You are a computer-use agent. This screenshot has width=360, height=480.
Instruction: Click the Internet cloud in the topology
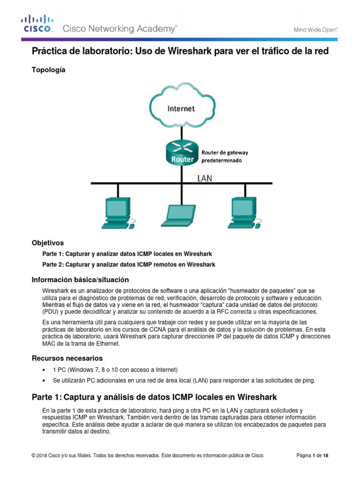pyautogui.click(x=181, y=108)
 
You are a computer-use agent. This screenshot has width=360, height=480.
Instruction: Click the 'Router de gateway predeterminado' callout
pyautogui.click(x=225, y=156)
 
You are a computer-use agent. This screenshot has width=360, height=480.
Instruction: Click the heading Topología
pyautogui.click(x=48, y=70)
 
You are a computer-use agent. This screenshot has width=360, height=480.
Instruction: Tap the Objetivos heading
pyautogui.click(x=47, y=243)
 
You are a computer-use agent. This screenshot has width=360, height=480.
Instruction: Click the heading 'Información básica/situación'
pyautogui.click(x=80, y=279)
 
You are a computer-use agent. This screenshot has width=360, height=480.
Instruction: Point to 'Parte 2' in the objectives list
pyautogui.click(x=52, y=264)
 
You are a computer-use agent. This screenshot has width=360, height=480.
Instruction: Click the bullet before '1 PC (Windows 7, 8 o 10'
pyautogui.click(x=44, y=369)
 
